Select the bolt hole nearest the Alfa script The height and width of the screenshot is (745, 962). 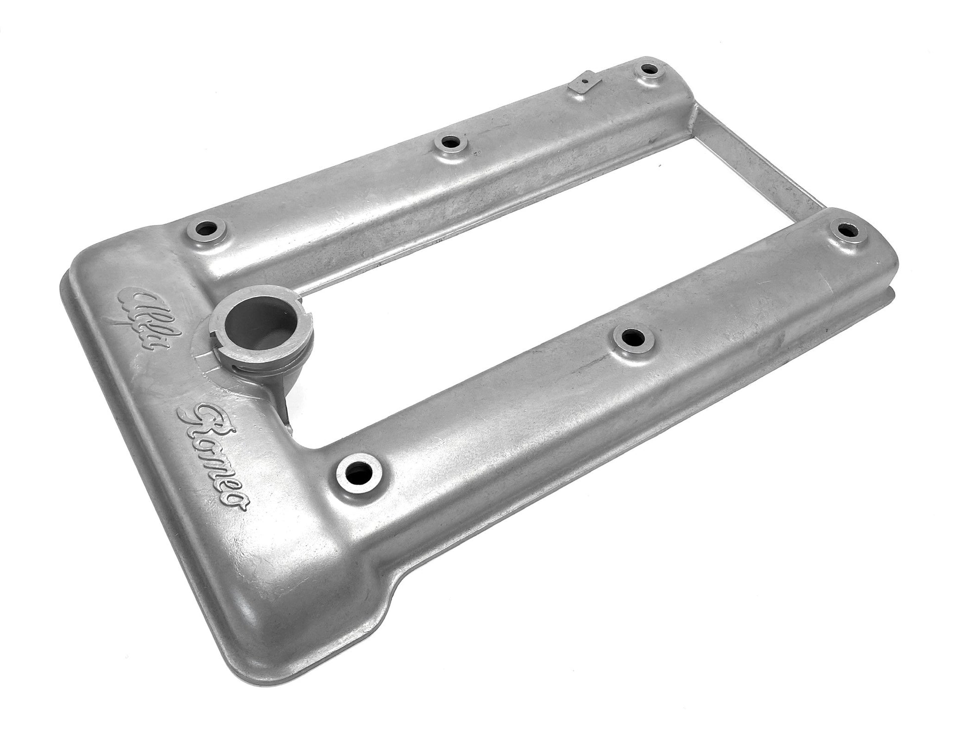pos(204,229)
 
